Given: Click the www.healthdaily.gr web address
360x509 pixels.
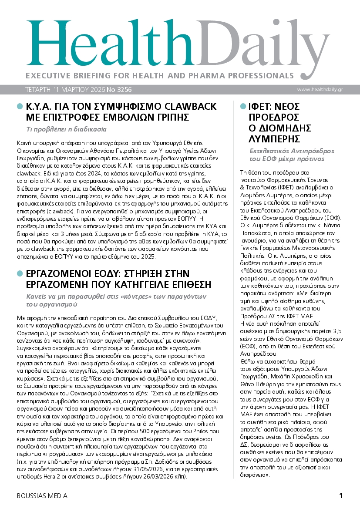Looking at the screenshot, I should coord(320,89).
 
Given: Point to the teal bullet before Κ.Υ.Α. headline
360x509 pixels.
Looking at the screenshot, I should coord(19,107).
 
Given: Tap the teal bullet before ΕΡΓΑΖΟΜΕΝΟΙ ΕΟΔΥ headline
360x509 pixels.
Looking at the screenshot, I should coord(19,273).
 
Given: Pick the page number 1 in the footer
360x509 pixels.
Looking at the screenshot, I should coord(341,496).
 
